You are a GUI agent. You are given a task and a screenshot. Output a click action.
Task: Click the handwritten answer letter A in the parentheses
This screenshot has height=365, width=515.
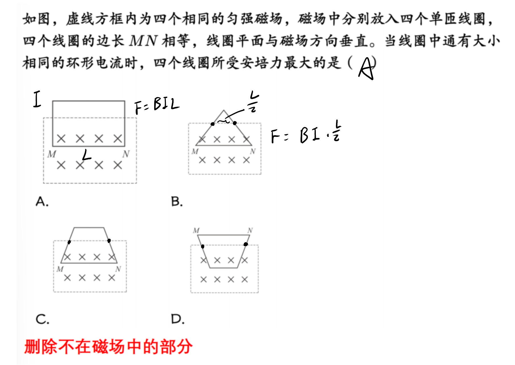[x=366, y=68]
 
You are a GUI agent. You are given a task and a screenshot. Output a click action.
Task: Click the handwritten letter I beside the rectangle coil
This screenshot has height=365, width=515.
[x=37, y=99]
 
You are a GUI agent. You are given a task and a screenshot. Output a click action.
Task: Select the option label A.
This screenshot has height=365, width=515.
[x=42, y=202]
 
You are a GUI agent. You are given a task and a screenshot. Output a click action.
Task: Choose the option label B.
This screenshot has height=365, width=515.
[x=177, y=202]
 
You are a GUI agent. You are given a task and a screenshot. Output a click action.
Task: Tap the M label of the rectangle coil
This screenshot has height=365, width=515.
[x=52, y=154]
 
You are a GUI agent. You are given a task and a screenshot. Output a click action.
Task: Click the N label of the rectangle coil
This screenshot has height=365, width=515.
[x=126, y=154]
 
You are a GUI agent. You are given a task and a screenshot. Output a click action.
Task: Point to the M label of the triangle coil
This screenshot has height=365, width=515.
[x=195, y=151]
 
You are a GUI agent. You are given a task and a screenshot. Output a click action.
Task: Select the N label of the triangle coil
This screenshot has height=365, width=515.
[x=253, y=151]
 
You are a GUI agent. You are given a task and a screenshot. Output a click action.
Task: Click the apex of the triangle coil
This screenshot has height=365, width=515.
[x=224, y=110]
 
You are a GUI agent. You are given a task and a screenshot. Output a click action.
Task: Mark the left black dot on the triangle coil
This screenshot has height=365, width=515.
[x=213, y=124]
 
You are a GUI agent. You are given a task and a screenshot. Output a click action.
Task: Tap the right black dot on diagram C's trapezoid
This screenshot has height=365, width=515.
[x=109, y=241]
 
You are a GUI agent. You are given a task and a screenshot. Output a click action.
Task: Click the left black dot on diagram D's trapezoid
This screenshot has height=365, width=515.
[x=202, y=246]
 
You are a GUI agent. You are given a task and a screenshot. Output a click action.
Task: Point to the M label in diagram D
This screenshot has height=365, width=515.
[x=196, y=230]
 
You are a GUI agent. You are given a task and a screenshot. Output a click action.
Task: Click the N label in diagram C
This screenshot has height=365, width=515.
[x=118, y=269]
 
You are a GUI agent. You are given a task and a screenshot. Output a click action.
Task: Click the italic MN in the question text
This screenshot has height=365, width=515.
[x=143, y=41]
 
